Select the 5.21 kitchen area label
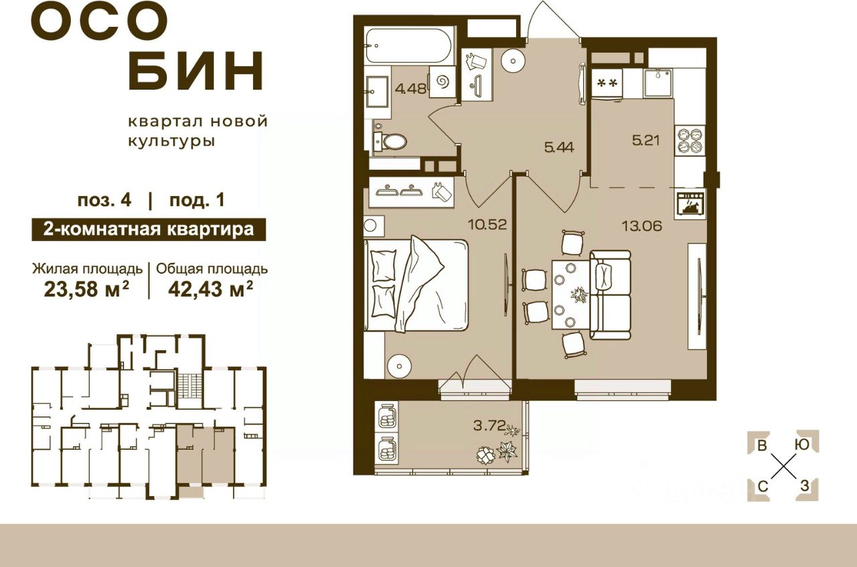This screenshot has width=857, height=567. point(647,142)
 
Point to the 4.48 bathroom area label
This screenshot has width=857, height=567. point(410,88)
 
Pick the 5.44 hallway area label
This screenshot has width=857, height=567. point(558,148)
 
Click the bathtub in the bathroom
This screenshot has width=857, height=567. point(409,46)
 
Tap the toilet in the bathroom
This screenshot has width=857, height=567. point(392,141)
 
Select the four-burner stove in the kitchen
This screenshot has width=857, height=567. point(690,141)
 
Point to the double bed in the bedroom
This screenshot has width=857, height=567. point(415,285)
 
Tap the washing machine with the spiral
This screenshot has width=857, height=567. point(442,82)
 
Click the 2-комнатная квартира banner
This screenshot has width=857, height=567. point(148,230)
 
